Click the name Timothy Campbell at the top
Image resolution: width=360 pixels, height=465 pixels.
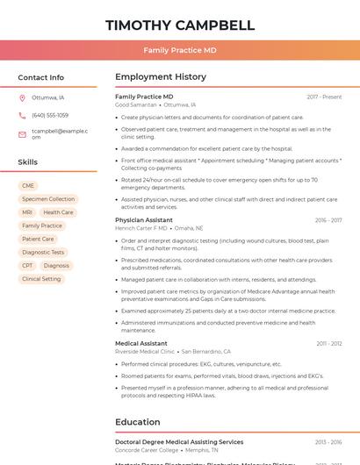tap(179, 25)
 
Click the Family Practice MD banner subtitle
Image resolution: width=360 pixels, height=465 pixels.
tap(179, 50)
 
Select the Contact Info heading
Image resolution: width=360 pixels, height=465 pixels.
tap(40, 77)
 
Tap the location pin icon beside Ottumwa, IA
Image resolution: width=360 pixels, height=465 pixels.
tap(22, 97)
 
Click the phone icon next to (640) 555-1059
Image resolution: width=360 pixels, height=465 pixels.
tap(22, 115)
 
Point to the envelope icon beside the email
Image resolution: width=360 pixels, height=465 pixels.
tap(22, 133)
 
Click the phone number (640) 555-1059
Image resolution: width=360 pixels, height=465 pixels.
tap(50, 115)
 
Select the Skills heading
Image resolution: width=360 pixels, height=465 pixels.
tap(27, 162)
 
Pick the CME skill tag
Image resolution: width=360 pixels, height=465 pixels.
tap(28, 186)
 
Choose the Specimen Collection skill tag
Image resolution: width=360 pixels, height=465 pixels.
tap(48, 199)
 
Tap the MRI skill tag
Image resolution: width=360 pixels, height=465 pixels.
tap(27, 212)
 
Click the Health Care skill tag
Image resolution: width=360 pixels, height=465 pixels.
tap(58, 212)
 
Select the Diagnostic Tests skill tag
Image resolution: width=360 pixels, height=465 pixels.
tap(43, 252)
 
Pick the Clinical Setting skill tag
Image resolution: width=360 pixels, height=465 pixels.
tap(41, 279)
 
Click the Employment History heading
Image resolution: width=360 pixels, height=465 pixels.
tap(161, 77)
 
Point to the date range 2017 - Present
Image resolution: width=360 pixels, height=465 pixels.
tap(324, 97)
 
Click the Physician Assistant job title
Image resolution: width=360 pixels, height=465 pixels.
tap(143, 220)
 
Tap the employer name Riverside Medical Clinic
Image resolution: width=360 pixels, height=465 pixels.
tap(145, 351)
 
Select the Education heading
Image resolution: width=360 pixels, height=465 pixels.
tap(137, 422)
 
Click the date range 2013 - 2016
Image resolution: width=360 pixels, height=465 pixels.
tap(328, 442)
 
